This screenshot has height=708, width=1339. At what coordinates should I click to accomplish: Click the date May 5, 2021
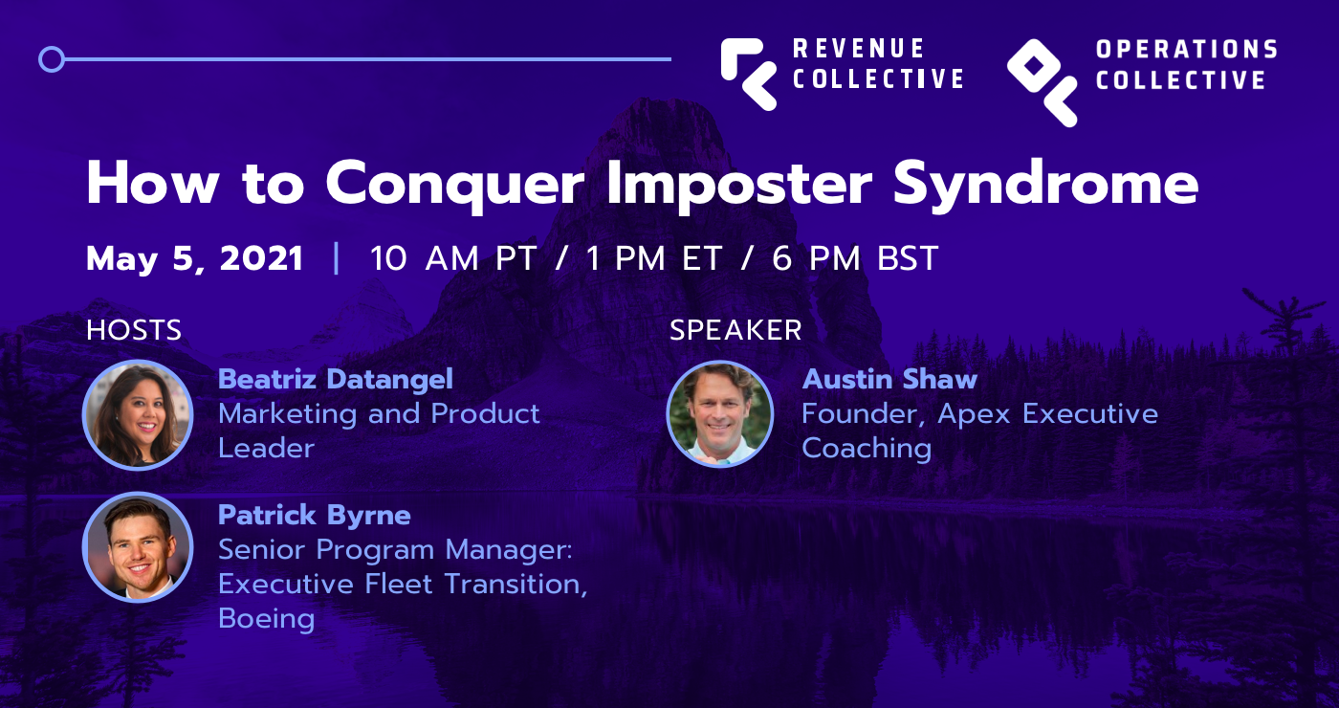(x=195, y=259)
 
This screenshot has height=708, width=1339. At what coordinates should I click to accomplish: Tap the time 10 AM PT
(x=452, y=259)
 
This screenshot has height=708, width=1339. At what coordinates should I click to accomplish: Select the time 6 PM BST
(x=855, y=259)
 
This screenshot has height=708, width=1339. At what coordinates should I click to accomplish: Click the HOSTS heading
(x=134, y=330)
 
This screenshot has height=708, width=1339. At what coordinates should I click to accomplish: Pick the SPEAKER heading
(x=735, y=330)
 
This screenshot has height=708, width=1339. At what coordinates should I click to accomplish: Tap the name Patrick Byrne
(x=315, y=516)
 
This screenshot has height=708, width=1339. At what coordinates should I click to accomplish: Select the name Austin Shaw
(x=889, y=379)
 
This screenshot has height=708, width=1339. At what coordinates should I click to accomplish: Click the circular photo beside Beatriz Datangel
(x=138, y=415)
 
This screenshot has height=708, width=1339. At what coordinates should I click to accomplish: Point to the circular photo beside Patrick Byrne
(x=138, y=547)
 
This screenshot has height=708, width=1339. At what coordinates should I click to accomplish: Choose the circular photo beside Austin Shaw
(x=719, y=413)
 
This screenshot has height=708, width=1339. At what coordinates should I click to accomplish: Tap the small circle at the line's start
(x=52, y=59)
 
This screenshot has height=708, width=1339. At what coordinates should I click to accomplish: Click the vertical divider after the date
(x=336, y=258)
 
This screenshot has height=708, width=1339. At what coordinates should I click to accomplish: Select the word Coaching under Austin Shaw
(x=867, y=449)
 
